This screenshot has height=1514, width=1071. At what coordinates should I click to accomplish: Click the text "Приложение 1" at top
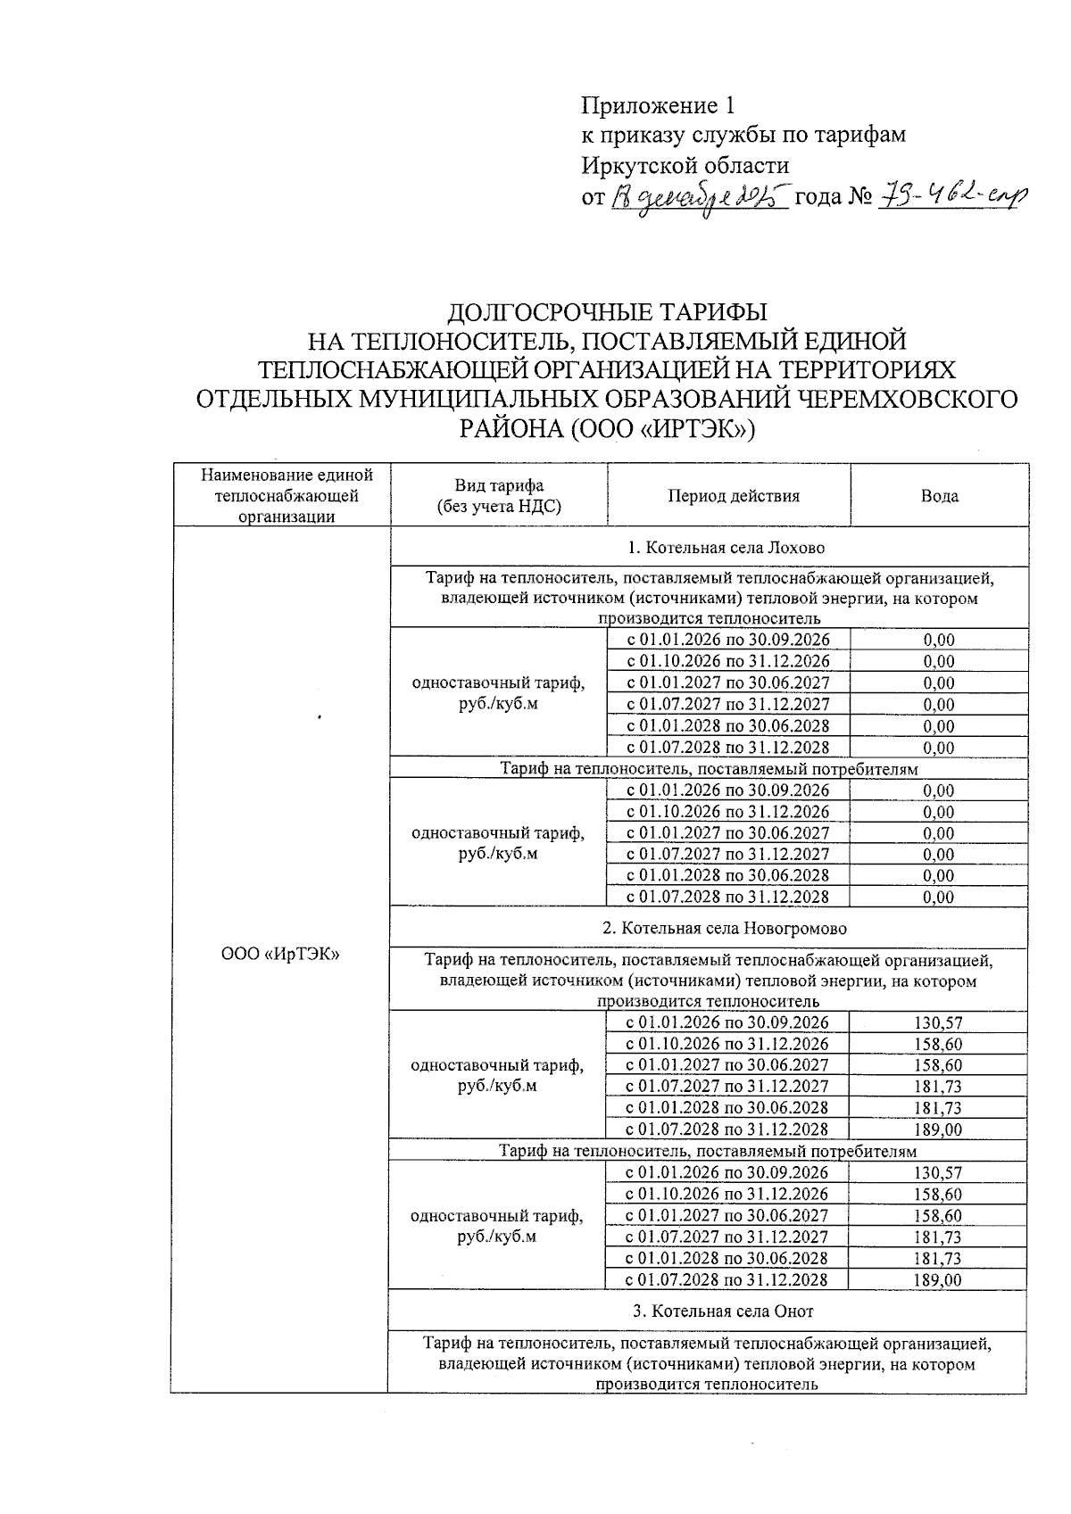658,106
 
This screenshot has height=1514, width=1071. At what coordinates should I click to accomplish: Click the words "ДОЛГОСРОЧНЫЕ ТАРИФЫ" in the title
606,312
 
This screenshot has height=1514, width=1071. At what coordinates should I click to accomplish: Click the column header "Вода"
939,496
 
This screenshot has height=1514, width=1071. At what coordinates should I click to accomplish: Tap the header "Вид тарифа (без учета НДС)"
498,496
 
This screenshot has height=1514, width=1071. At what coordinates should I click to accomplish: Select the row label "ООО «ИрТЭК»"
281,954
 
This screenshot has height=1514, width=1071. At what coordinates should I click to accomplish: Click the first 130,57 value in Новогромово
938,1023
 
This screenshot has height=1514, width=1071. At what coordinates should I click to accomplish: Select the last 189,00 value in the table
938,1280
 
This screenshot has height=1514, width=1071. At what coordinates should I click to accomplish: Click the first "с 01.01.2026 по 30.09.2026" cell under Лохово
727,640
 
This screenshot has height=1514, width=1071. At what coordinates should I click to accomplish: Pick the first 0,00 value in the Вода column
939,640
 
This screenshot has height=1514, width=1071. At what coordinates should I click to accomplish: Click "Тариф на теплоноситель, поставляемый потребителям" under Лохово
709,768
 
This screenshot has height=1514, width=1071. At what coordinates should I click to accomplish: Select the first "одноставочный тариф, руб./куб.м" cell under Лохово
498,692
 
